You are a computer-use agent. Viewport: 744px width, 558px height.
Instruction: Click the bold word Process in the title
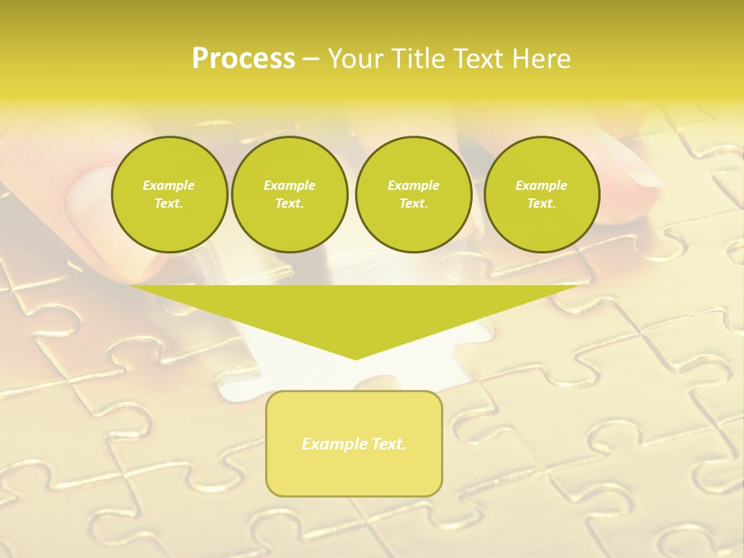coord(243,59)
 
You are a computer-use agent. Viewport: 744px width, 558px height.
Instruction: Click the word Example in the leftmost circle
coord(169,185)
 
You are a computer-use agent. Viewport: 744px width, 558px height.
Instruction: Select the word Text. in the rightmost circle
coord(541,204)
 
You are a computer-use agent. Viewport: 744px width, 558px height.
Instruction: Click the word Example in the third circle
coord(413,185)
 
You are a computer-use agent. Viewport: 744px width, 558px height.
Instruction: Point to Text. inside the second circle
coord(289,204)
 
